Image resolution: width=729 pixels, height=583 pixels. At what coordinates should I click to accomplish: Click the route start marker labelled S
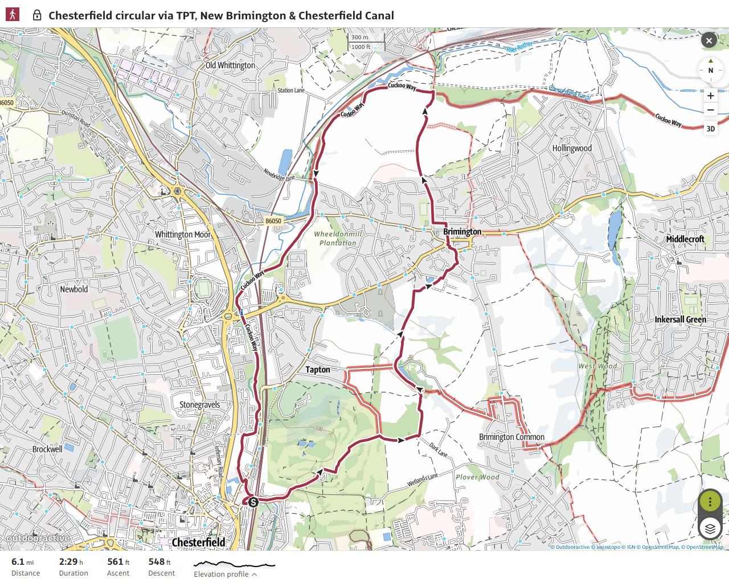tap(253, 502)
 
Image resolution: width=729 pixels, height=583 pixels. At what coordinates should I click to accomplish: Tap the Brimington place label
tap(462, 232)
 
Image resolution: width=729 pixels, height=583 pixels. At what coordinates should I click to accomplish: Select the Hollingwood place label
tap(572, 148)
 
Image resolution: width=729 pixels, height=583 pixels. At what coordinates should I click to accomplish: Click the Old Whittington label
tap(231, 65)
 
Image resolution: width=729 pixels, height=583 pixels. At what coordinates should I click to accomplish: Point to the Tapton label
tap(317, 369)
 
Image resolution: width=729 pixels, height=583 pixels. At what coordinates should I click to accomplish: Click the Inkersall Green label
tap(680, 319)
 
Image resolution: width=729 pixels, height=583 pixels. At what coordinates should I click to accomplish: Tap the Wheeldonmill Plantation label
tap(338, 238)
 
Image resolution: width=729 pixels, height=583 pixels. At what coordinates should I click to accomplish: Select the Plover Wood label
tap(477, 477)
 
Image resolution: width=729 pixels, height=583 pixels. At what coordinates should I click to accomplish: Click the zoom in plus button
tap(710, 96)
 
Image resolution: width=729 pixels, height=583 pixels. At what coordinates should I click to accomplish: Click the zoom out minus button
tap(710, 110)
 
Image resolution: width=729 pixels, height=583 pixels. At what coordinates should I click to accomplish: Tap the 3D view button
tap(710, 129)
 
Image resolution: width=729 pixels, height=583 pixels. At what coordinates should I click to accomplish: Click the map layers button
tap(710, 529)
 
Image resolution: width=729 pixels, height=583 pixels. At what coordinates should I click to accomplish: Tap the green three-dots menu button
tap(710, 502)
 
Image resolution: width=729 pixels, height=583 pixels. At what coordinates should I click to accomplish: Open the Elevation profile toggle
tap(225, 574)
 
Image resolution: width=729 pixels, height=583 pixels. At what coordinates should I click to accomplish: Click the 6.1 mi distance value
tap(22, 562)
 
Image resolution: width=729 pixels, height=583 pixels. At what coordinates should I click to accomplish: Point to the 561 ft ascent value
tap(118, 562)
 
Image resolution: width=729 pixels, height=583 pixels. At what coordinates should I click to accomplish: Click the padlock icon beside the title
tap(37, 15)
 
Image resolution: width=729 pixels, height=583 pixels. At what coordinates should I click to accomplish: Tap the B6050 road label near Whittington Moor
tap(273, 221)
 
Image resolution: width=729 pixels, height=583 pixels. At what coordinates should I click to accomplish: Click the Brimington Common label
tap(511, 437)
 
